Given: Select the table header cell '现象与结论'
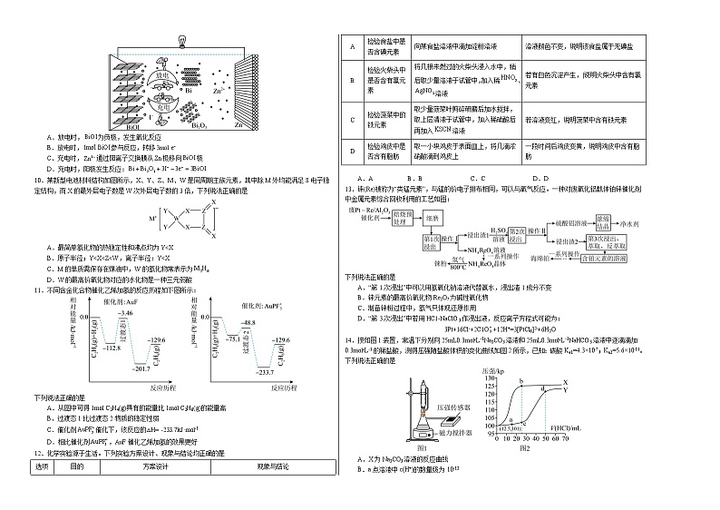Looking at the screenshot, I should [x=272, y=492].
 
